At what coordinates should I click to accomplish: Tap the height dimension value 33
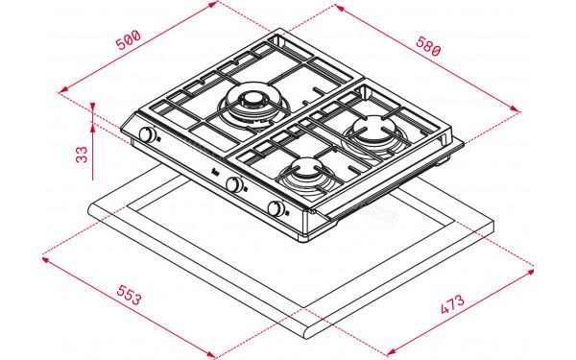pos(82,153)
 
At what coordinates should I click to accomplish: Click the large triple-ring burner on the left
pos(252,103)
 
